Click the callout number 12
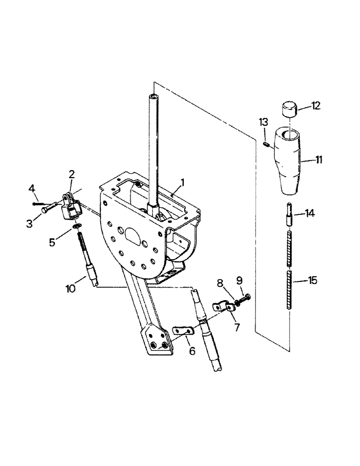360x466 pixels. [316, 106]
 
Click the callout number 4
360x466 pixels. [32, 189]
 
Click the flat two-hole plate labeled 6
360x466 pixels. [183, 330]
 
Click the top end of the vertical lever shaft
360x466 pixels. [154, 96]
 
